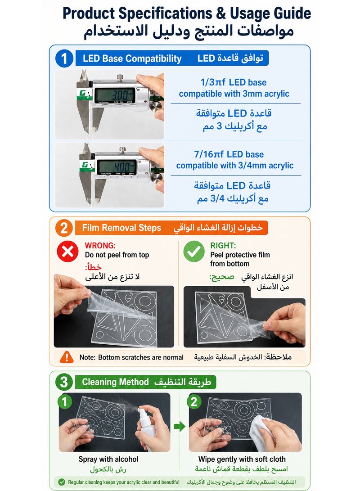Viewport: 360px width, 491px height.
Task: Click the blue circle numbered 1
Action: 64,59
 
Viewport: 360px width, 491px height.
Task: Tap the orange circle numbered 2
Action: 64,228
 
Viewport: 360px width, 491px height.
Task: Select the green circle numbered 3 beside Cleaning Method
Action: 64,382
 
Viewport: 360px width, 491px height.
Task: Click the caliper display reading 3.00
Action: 115,95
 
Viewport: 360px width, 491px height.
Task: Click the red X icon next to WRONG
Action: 67,251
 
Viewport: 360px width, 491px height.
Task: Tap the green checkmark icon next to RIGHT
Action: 194,251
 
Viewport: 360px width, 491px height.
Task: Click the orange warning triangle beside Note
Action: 67,357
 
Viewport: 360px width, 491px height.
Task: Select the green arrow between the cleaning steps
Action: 180,426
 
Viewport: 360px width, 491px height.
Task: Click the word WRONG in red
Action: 100,246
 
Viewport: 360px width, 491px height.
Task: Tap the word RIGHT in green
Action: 223,246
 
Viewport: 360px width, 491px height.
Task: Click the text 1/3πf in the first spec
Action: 213,82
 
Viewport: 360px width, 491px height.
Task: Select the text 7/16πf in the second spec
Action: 209,154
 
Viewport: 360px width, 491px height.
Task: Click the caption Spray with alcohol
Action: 108,459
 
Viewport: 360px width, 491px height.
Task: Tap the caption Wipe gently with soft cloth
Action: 242,459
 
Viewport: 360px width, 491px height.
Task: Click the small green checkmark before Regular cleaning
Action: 62,482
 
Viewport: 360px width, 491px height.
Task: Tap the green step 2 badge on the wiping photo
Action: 194,401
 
